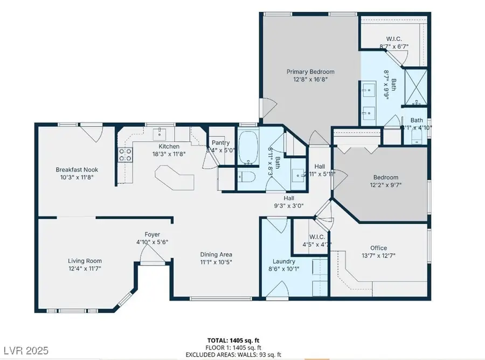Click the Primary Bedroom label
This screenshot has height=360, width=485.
click(310, 72)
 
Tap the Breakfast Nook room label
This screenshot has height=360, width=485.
click(77, 170)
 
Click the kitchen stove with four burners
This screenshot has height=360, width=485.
click(126, 155)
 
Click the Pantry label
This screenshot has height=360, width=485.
click(220, 143)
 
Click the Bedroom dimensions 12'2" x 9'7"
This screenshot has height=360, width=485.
click(386, 185)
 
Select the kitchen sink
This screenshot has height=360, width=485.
click(160, 133)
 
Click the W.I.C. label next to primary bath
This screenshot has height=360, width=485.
click(394, 39)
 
